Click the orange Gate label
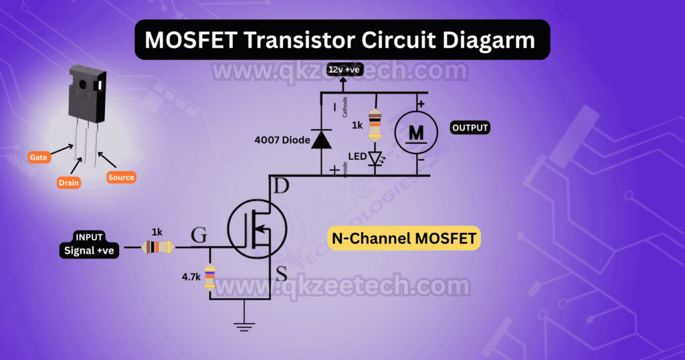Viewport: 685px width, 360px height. click(37, 157)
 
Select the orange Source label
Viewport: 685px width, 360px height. click(121, 177)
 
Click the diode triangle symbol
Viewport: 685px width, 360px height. click(322, 139)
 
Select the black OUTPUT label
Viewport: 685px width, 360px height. click(470, 128)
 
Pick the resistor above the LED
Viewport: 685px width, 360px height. click(375, 124)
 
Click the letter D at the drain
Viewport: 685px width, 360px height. click(282, 188)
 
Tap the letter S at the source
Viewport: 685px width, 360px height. click(282, 274)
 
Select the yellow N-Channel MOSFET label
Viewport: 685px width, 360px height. click(405, 238)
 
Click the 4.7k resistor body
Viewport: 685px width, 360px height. click(209, 276)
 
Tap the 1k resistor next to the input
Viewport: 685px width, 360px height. click(157, 248)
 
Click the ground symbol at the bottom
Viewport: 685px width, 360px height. click(244, 326)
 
